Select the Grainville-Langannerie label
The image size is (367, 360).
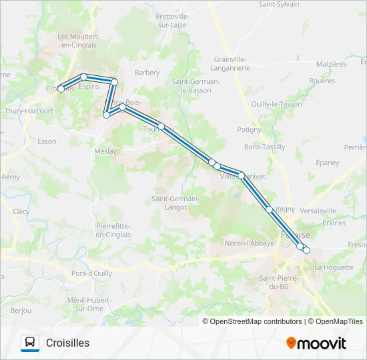click(x=232, y=63)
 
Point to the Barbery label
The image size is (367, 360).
click(x=147, y=73)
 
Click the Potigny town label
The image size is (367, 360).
click(x=249, y=129)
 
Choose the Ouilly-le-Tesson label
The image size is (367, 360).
click(x=276, y=104)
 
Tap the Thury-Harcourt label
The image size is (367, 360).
click(x=29, y=111)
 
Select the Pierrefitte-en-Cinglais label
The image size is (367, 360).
click(x=112, y=230)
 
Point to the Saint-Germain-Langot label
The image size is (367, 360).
click(x=175, y=203)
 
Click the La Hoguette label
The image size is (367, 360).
click(x=334, y=267)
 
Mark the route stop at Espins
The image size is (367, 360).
click(x=84, y=77)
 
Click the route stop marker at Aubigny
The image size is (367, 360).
click(x=270, y=209)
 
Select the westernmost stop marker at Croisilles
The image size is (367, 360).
click(x=61, y=89)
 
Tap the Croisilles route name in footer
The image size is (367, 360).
click(x=67, y=343)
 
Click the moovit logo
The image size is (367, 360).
click(x=316, y=343)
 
